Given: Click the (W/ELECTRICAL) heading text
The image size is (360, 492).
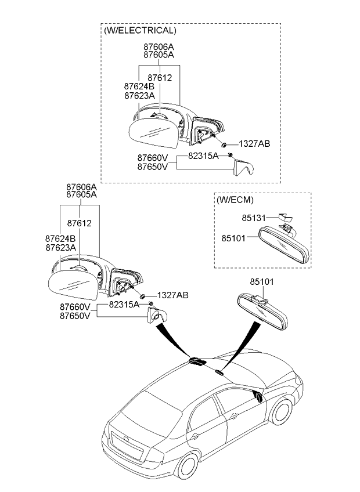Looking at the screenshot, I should tap(139, 30).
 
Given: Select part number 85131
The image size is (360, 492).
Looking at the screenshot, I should tap(253, 218).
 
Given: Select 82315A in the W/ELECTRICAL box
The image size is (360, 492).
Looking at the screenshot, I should tap(203, 156).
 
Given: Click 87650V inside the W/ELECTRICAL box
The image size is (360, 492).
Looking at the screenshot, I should tap(153, 166).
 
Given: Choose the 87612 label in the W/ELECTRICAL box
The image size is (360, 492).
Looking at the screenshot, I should tap(160, 77).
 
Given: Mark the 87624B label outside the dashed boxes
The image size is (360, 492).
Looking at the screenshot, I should tap(60, 238).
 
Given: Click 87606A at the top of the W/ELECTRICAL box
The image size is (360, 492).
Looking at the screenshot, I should tap(159, 46).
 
